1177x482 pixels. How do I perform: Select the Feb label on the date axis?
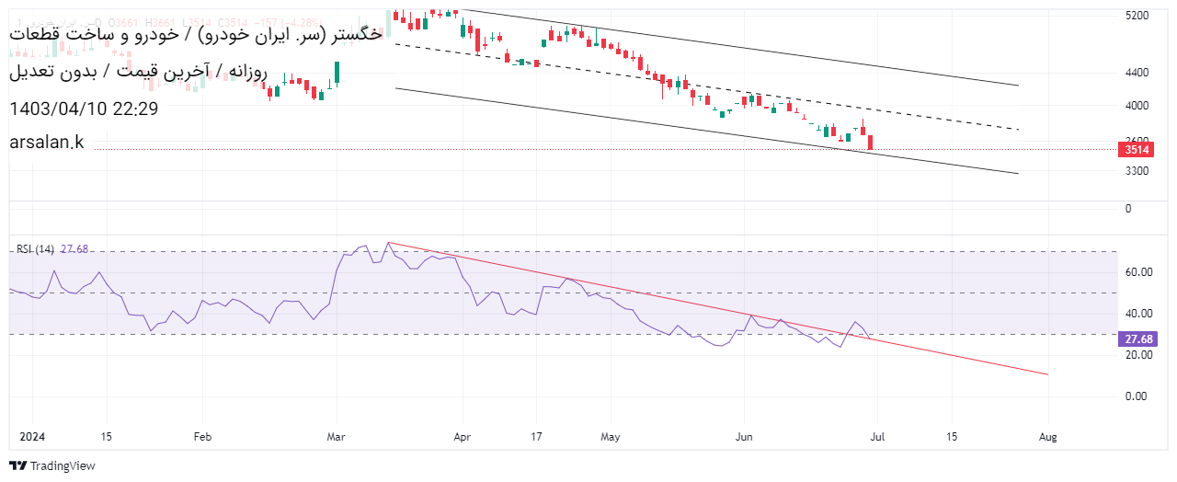tap(202, 437)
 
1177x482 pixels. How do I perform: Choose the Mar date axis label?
tap(337, 437)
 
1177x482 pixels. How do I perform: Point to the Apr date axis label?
tap(462, 437)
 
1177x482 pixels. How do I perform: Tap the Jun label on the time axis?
tap(745, 437)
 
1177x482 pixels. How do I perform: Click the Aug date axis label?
tap(1046, 437)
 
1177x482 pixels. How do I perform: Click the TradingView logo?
tap(52, 466)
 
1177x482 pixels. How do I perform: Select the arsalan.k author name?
tap(46, 141)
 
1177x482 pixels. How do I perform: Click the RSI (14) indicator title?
tap(35, 249)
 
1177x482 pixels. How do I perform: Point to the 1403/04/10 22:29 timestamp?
tap(84, 109)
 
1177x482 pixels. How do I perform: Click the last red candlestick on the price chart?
tap(870, 142)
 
